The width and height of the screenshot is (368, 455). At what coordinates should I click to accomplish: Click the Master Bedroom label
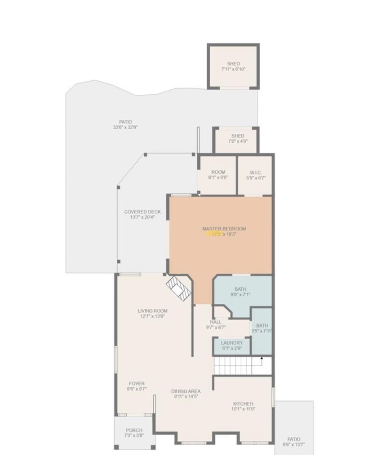pyautogui.click(x=224, y=228)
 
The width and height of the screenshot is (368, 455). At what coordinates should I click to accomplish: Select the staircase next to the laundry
pyautogui.click(x=236, y=366)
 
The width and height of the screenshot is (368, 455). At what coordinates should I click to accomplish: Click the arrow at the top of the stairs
pyautogui.click(x=262, y=359)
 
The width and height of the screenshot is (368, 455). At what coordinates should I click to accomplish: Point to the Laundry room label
pyautogui.click(x=231, y=343)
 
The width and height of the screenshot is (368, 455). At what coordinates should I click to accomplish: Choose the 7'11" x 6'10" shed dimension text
pyautogui.click(x=233, y=70)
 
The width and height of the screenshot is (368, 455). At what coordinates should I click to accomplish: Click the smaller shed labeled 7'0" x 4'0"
pyautogui.click(x=237, y=139)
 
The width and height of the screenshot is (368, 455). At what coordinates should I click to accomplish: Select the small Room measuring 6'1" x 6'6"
pyautogui.click(x=218, y=175)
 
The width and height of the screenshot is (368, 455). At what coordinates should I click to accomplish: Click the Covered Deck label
pyautogui.click(x=142, y=212)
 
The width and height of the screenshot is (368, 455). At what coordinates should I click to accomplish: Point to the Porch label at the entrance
pyautogui.click(x=134, y=430)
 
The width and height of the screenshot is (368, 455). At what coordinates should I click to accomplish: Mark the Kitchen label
pyautogui.click(x=243, y=403)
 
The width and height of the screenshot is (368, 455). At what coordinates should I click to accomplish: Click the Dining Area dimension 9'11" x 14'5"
pyautogui.click(x=186, y=397)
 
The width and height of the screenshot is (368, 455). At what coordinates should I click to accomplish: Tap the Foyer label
pyautogui.click(x=137, y=384)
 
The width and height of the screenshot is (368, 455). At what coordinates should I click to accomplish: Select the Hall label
pyautogui.click(x=216, y=322)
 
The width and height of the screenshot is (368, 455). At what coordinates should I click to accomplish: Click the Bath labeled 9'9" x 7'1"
pyautogui.click(x=240, y=292)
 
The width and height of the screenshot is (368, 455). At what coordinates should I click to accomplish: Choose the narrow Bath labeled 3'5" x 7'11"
pyautogui.click(x=262, y=328)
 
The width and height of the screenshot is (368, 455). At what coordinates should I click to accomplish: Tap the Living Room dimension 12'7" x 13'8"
pyautogui.click(x=153, y=316)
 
